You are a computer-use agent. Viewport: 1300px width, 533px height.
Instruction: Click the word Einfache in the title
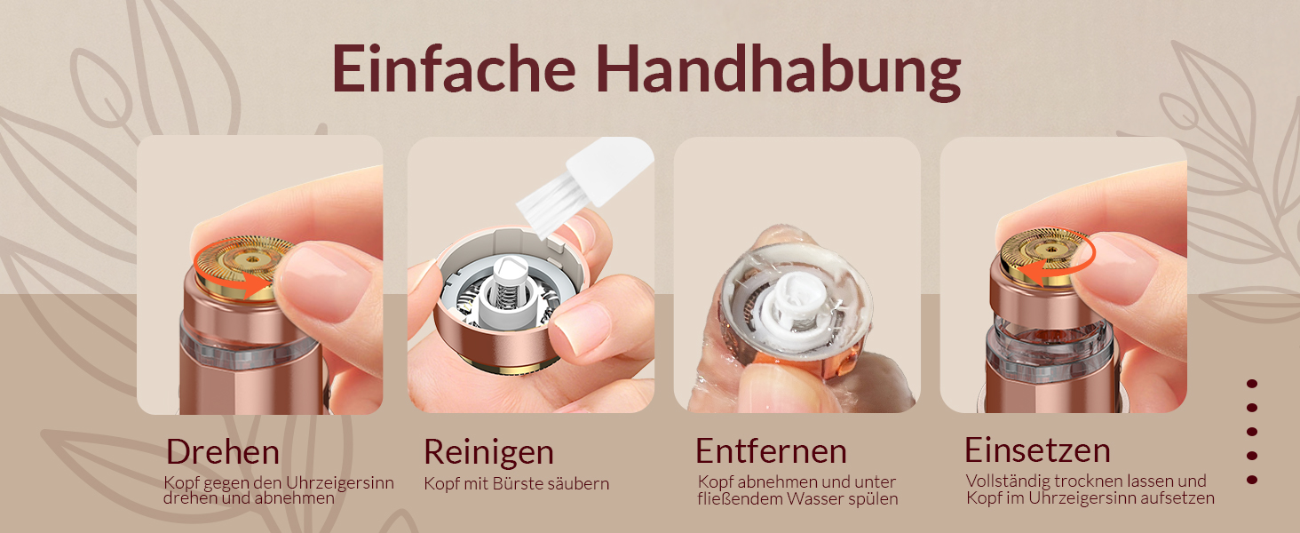pyautogui.click(x=454, y=68)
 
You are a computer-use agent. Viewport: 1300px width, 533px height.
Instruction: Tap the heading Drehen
pyautogui.click(x=223, y=451)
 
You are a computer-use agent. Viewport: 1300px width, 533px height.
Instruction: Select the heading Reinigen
pyautogui.click(x=488, y=453)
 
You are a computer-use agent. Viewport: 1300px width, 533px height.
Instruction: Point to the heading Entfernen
pyautogui.click(x=772, y=451)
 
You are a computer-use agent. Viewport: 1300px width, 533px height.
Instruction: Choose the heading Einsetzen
pyautogui.click(x=1038, y=450)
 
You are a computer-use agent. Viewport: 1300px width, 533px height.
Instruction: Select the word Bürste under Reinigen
pyautogui.click(x=523, y=483)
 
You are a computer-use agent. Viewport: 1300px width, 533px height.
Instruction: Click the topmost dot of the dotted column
pyautogui.click(x=1252, y=384)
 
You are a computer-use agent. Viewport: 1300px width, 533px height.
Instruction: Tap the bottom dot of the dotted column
pyautogui.click(x=1252, y=480)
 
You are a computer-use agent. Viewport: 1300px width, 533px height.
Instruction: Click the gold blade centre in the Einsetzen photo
pyautogui.click(x=1050, y=251)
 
